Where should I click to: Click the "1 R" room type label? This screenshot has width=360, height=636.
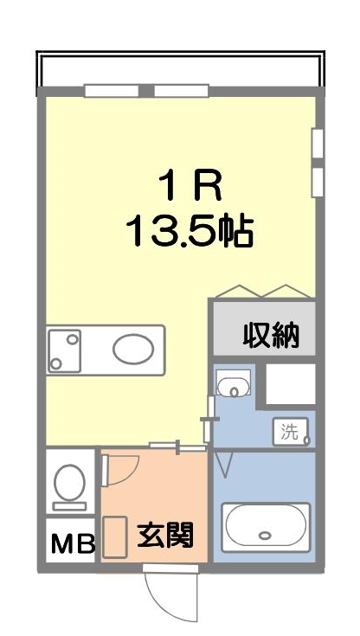[190, 184]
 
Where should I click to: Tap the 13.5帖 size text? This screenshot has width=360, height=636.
[190, 230]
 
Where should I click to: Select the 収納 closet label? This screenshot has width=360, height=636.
[271, 334]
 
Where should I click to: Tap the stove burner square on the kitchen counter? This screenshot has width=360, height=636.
[64, 349]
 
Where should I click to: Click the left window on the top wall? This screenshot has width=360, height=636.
[112, 90]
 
